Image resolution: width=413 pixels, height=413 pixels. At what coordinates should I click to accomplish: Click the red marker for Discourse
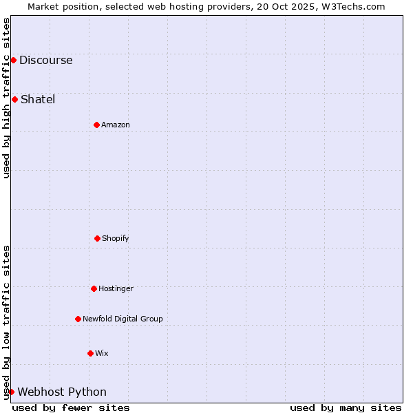pos(13,60)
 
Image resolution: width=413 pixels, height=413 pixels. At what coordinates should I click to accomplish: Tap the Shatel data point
pos(14,99)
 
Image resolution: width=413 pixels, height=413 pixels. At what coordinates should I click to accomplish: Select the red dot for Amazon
pos(96,125)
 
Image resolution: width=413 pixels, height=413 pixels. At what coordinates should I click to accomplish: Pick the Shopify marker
pos(97,238)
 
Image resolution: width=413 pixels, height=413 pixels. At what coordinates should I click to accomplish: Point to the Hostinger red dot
pos(94,288)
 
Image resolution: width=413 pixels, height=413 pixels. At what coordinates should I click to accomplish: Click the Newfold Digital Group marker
pos(78,319)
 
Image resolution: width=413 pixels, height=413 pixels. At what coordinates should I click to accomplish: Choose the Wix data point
pos(90,353)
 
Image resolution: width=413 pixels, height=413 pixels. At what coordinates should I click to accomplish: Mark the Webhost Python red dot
pos(11,392)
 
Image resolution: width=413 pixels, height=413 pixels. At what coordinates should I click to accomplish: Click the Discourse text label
pos(45,60)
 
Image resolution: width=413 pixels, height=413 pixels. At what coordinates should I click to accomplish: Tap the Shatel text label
pos(38,99)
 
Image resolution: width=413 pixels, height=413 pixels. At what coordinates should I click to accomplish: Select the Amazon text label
pos(116,125)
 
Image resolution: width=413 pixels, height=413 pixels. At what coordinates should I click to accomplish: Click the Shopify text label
pos(116,238)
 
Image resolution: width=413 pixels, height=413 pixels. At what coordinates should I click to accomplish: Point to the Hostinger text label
pos(116,288)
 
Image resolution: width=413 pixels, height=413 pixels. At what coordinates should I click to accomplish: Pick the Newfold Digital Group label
pos(123,319)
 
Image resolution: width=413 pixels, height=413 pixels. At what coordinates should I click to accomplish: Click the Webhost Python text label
pos(62,392)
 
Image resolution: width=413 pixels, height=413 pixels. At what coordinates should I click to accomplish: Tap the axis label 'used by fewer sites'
pos(71,407)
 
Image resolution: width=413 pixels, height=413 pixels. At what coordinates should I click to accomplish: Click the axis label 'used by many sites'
pos(346,407)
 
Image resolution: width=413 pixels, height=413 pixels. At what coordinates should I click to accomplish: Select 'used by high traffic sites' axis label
pos(6,98)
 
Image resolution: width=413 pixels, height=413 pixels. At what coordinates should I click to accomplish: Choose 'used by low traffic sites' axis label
pos(6,322)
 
